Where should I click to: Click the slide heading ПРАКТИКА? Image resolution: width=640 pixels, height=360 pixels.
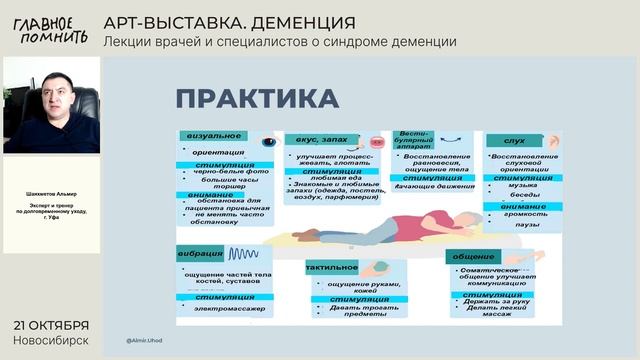257,99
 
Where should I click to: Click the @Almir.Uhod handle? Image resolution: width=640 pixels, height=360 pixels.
145,339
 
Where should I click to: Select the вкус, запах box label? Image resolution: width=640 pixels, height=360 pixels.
317,139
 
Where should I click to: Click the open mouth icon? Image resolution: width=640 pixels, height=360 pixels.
373,141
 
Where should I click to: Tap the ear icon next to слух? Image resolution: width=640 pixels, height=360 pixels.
544,140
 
